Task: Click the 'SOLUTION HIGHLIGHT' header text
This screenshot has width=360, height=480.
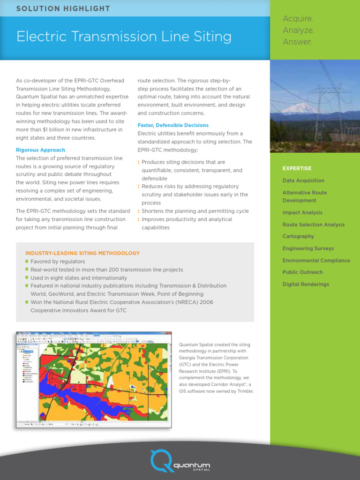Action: (63, 9)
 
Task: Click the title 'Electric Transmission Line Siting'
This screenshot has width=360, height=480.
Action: (124, 37)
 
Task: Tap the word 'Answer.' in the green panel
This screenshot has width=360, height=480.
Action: (297, 42)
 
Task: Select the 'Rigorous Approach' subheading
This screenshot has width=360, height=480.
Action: (40, 150)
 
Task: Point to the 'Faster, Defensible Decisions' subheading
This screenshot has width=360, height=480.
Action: (173, 125)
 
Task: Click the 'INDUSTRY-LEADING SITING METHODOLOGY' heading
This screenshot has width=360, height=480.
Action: (82, 253)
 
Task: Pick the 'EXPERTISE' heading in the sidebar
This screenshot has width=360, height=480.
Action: (297, 168)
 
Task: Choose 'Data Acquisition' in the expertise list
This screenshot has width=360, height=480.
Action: (303, 180)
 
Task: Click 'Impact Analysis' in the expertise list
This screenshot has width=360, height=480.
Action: (302, 212)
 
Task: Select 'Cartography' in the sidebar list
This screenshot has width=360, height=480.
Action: (298, 236)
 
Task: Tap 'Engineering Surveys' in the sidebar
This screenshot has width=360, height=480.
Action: (308, 248)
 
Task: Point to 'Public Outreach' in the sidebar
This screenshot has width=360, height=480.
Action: (303, 272)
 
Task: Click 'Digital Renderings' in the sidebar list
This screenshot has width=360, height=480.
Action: (306, 284)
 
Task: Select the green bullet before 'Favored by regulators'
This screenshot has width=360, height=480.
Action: (27, 262)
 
